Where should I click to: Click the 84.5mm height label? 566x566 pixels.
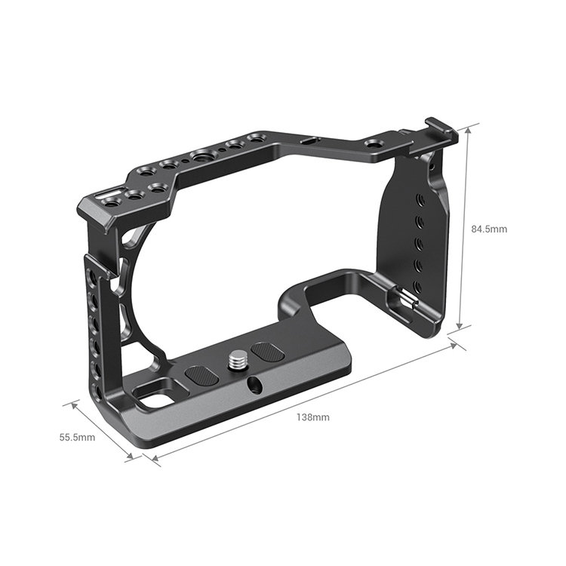[x=490, y=229]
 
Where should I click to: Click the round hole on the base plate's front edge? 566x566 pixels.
[x=254, y=384]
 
